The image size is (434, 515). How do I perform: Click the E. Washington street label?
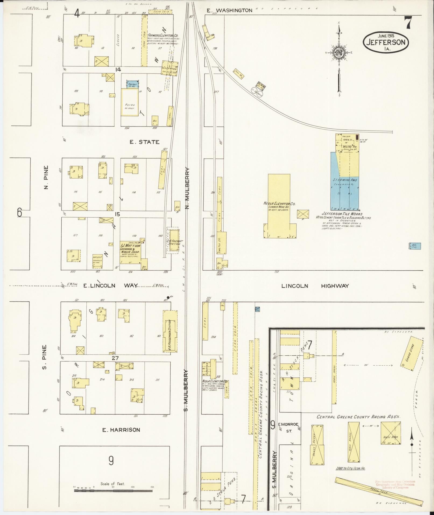230,10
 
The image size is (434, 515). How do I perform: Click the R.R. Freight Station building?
173,240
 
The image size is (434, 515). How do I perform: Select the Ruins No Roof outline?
130,103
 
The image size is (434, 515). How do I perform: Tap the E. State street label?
144,142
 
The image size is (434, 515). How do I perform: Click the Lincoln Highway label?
315,286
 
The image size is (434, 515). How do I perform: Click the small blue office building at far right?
415,246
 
